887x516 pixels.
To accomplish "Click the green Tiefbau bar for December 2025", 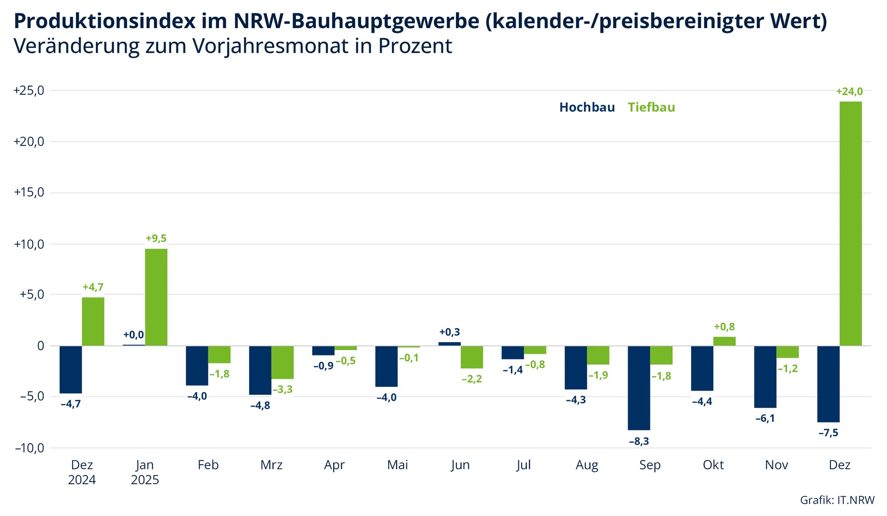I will click(x=851, y=224).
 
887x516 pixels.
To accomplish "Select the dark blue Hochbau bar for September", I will click(x=639, y=388).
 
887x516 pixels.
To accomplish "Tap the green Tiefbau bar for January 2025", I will click(x=156, y=297).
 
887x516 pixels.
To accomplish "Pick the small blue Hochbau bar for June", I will click(x=449, y=344).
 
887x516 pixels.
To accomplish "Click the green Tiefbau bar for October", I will click(x=724, y=341).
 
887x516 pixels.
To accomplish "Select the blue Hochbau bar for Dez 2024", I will click(x=71, y=369).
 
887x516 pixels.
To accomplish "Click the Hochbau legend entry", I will click(x=587, y=107).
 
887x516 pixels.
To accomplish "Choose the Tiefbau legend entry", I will click(x=651, y=107).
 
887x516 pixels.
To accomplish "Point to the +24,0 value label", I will click(x=849, y=92).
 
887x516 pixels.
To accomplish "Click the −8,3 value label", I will click(x=639, y=441).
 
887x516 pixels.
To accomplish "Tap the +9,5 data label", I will click(x=156, y=239).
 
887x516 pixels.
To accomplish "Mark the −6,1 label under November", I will click(x=765, y=419).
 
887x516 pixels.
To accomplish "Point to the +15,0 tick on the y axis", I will click(x=29, y=193).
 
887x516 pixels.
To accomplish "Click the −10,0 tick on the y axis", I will click(x=29, y=448).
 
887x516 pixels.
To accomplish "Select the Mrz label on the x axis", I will click(x=271, y=465).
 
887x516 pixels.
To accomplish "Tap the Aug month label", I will click(x=587, y=465).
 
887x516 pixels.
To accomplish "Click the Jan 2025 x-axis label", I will click(x=145, y=472).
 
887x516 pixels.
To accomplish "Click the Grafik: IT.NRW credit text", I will click(x=837, y=500).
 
